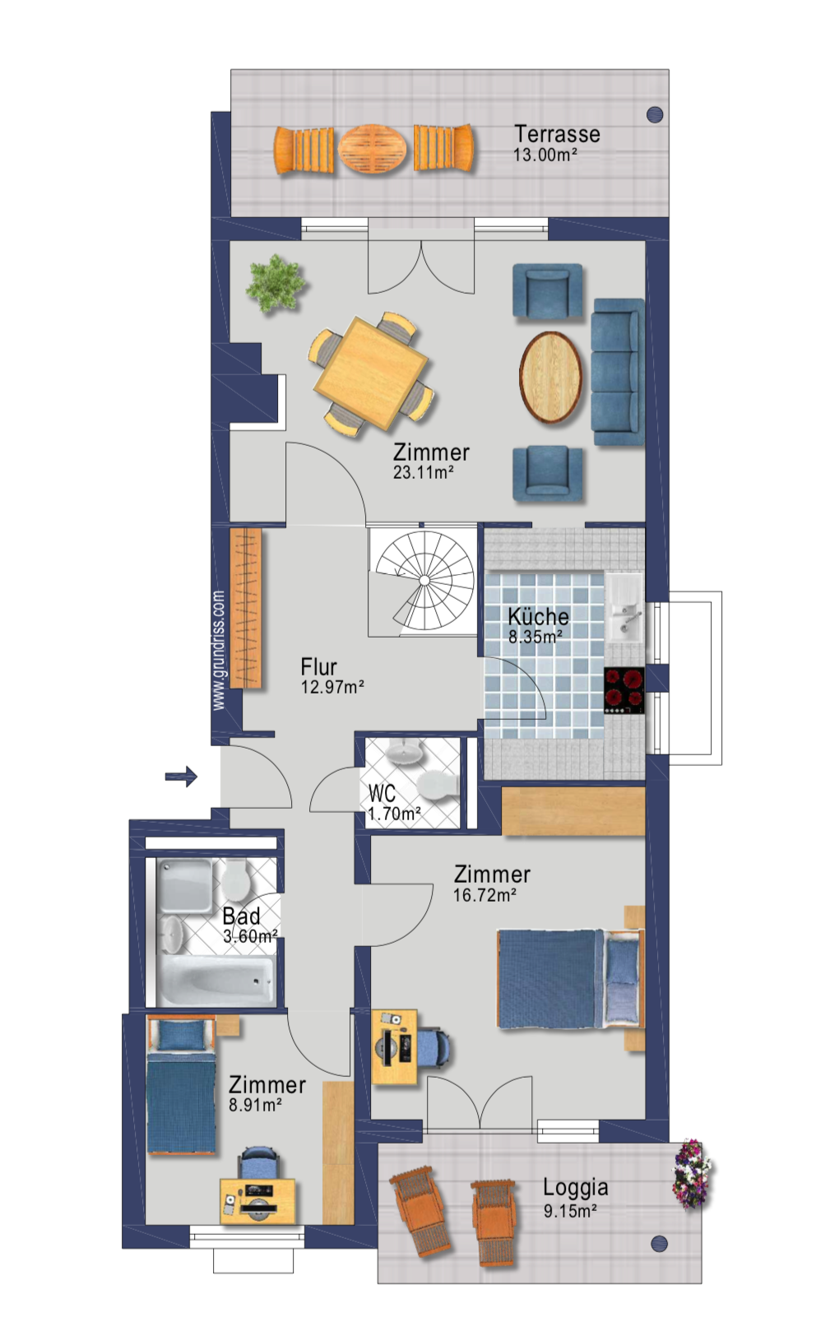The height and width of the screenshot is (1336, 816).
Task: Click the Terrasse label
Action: (557, 133)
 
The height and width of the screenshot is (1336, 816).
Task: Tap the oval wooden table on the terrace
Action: (373, 149)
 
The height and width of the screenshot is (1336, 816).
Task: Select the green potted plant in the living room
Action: (275, 283)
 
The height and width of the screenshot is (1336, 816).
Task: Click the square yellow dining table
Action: (371, 373)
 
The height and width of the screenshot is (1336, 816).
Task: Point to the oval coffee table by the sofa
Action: (550, 378)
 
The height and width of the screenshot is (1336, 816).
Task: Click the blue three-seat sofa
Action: (618, 372)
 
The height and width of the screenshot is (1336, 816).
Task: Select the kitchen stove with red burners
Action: (624, 690)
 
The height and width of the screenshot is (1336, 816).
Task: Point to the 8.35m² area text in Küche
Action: (535, 637)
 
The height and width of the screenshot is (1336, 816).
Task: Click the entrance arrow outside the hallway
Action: (181, 776)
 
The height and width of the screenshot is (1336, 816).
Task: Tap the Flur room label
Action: (318, 666)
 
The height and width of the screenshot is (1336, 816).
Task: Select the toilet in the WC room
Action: (438, 783)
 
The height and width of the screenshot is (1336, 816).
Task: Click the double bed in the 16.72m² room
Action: (571, 979)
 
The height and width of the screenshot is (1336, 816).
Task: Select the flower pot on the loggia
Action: (691, 1174)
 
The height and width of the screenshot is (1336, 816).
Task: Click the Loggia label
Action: (576, 1187)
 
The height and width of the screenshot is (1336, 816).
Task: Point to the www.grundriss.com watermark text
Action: (219, 650)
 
